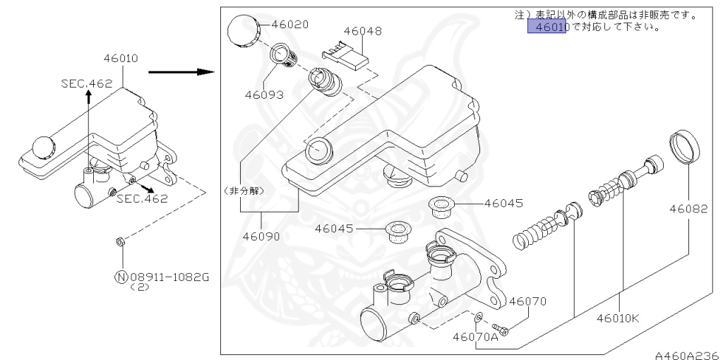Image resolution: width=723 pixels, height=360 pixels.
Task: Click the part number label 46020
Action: click(x=289, y=24)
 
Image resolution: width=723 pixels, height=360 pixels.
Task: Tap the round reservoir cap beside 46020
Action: click(x=244, y=30)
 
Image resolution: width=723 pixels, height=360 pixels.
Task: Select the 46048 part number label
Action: click(x=363, y=31)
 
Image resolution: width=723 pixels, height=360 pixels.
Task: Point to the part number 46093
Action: click(x=264, y=94)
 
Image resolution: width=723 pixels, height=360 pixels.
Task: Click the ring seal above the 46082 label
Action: click(x=684, y=146)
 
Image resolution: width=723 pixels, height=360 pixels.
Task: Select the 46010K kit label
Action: click(x=617, y=317)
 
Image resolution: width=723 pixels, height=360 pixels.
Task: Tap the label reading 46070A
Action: click(x=476, y=337)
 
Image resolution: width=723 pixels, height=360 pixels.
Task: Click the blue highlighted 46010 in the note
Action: click(x=547, y=28)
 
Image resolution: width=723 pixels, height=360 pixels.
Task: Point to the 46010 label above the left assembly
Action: click(x=121, y=58)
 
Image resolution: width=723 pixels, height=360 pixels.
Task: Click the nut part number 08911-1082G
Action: click(x=169, y=277)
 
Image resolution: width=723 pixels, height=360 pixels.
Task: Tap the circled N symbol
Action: click(x=121, y=277)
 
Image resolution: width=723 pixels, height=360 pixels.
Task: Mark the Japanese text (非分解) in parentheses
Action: click(x=241, y=190)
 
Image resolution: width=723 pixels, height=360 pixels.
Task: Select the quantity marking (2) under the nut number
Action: click(x=142, y=288)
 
